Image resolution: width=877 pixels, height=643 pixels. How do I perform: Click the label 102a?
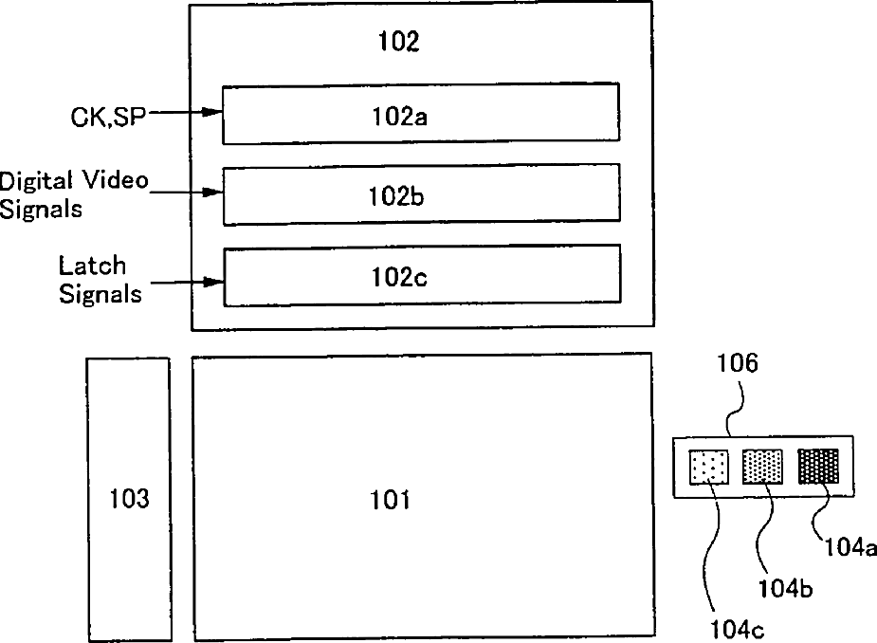pos(399,117)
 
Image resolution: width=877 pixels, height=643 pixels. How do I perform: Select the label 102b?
pos(396,196)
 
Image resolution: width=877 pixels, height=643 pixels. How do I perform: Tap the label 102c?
pos(399,276)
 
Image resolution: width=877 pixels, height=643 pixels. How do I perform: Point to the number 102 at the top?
pos(399,41)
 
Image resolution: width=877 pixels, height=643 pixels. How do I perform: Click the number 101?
pos(391,499)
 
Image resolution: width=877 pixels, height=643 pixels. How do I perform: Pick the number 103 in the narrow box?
pos(129,498)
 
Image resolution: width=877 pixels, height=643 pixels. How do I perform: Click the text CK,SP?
pos(108,117)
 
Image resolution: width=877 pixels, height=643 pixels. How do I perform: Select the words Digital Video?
pos(74,181)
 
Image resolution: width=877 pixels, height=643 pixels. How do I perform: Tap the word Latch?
pos(92,266)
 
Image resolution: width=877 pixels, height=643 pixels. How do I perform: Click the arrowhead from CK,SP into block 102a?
pos(212,112)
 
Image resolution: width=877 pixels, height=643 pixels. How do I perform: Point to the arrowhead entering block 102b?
pos(213,193)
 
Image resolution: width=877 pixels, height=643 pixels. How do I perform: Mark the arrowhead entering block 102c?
pos(213,282)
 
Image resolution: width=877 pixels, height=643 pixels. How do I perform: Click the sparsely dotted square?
pos(709,467)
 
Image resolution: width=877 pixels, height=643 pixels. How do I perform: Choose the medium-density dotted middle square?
pos(762,466)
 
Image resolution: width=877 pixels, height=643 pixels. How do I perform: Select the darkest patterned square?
pos(818,465)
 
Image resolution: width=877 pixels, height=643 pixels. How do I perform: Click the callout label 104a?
pos(850,547)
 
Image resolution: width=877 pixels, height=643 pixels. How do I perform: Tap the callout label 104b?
pos(785,588)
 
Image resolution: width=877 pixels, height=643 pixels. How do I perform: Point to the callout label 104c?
pos(738,630)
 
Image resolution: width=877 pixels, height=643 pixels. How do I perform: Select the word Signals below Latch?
pos(100,294)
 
